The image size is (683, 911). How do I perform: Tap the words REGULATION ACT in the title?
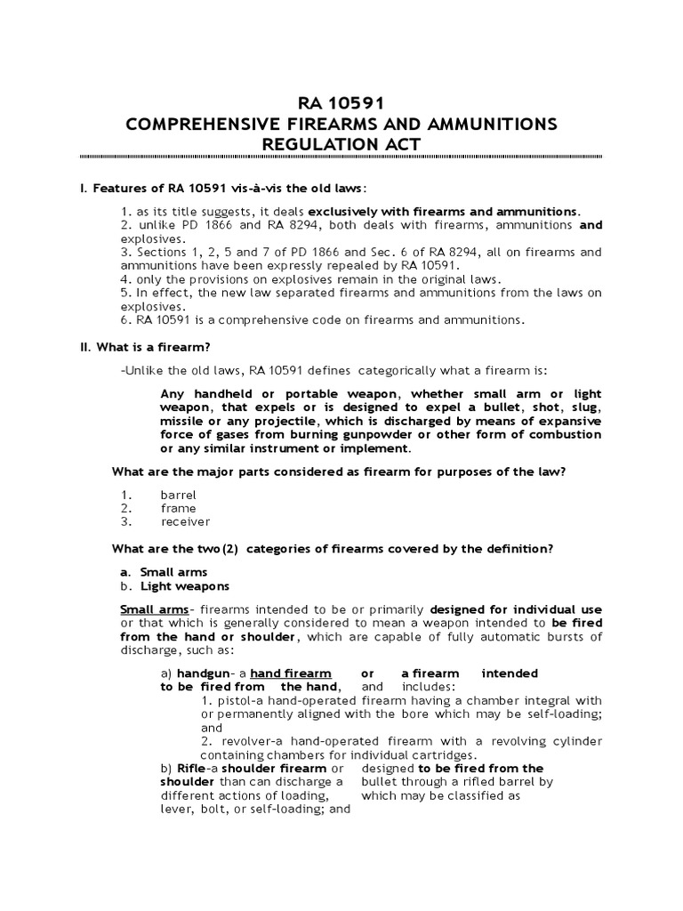point(341,144)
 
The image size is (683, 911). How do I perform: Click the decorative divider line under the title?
point(341,157)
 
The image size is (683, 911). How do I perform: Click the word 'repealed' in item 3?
point(438,265)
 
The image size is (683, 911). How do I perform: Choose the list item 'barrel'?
point(178,494)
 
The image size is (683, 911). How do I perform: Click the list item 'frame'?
point(177,508)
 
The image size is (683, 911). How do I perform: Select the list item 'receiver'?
point(185,521)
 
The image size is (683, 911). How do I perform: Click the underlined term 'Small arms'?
point(154,609)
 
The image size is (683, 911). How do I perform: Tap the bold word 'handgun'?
point(204,673)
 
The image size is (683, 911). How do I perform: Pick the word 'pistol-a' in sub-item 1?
point(235,700)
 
